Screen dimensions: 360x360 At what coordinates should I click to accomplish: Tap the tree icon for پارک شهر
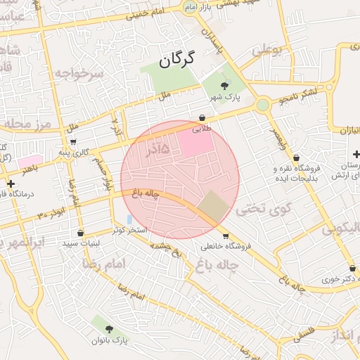click(224, 85)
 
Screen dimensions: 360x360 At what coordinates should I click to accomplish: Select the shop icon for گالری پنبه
click(72, 141)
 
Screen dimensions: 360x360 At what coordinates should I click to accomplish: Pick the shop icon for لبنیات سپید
click(80, 233)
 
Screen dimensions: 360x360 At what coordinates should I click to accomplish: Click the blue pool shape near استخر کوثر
click(129, 219)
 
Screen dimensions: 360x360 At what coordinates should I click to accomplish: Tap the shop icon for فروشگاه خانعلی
click(225, 236)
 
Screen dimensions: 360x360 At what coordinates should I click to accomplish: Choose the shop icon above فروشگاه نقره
click(296, 157)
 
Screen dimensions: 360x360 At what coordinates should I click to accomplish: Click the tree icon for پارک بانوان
click(108, 328)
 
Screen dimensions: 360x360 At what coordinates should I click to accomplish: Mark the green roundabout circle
click(262, 105)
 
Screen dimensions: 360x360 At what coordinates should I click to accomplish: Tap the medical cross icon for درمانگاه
click(11, 184)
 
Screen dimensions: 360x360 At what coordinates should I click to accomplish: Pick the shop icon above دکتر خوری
click(352, 268)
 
